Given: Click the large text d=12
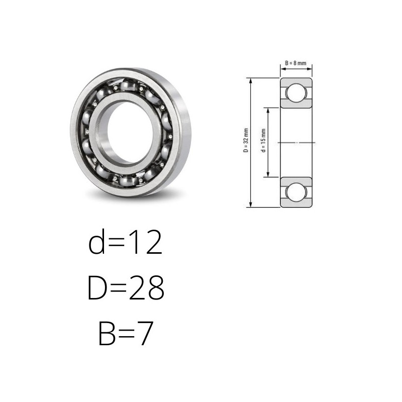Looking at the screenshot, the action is click(125, 241).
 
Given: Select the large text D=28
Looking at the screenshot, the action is click(126, 287).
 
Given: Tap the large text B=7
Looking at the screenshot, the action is click(126, 333).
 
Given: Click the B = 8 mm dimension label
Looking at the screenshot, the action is click(295, 63).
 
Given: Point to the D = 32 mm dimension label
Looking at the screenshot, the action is click(246, 141).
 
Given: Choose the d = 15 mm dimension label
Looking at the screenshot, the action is click(263, 141).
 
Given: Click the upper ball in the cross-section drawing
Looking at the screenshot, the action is click(296, 92).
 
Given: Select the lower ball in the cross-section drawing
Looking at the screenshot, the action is click(296, 192).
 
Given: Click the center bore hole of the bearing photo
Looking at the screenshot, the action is click(130, 132).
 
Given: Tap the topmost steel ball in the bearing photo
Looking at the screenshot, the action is click(128, 85).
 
